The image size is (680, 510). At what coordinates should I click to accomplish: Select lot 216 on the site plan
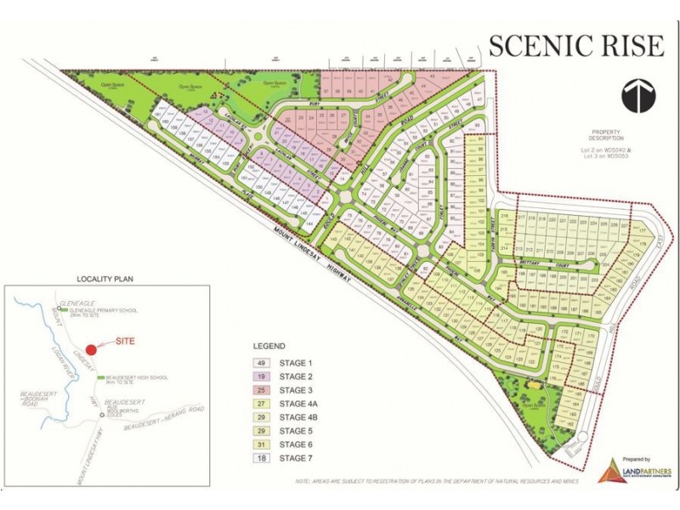tap(504, 218)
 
